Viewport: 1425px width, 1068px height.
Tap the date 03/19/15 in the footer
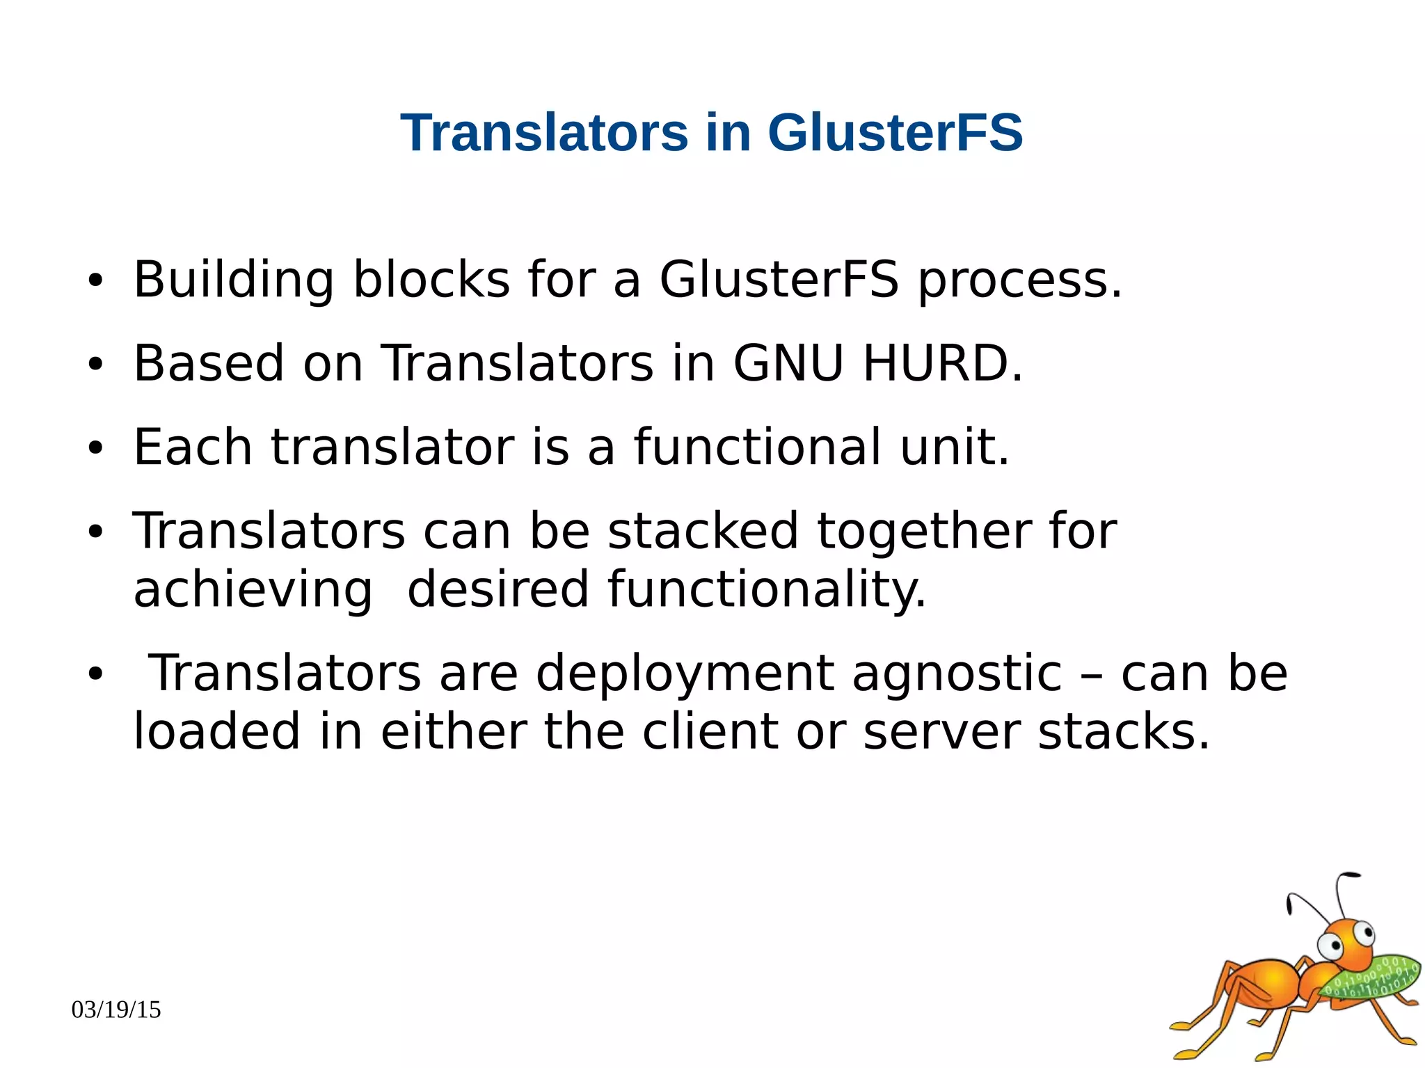[x=116, y=1010]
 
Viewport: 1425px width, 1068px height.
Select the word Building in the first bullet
[x=234, y=280]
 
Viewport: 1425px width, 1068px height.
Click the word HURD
[x=943, y=363]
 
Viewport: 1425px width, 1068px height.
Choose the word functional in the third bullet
[x=758, y=447]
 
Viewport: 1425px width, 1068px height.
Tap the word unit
[x=954, y=447]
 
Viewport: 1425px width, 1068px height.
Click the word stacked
[x=703, y=531]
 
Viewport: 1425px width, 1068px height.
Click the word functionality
[x=767, y=590]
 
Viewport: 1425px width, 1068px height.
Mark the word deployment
[x=685, y=674]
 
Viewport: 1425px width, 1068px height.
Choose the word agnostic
[x=957, y=674]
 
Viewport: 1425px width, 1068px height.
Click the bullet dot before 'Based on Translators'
[x=95, y=364]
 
